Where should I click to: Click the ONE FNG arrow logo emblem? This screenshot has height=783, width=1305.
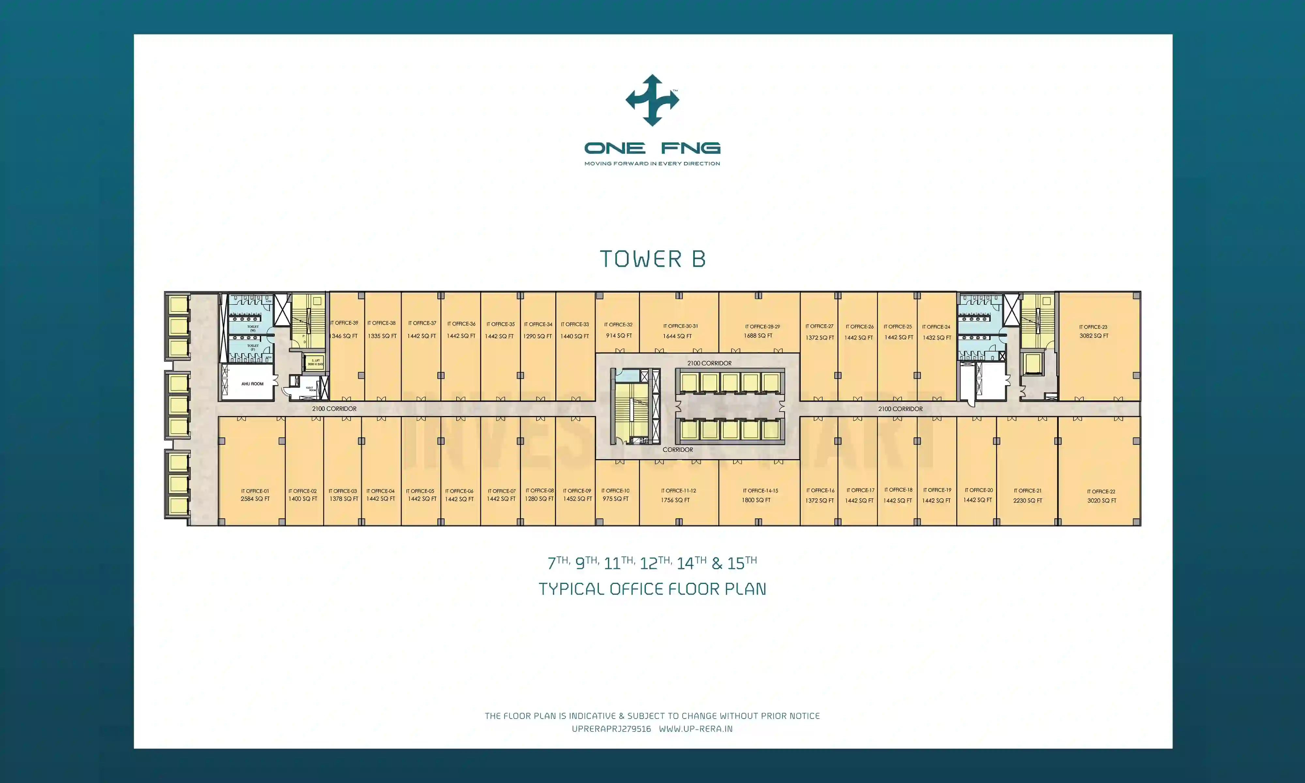652,100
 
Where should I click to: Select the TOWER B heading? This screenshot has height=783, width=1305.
652,259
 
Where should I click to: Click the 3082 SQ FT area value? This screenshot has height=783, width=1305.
1094,336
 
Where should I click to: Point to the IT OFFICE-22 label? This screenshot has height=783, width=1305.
1101,492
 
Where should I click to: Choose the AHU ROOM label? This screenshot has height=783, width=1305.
252,384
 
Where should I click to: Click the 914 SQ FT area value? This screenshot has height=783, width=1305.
619,336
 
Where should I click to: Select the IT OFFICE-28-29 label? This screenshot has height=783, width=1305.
762,327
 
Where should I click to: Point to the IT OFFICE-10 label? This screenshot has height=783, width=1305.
616,491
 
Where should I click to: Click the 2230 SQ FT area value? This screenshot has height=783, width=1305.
1028,500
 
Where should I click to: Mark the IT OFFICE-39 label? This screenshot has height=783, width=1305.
345,323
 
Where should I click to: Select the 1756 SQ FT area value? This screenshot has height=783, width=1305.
675,500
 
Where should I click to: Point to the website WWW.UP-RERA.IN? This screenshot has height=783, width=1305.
696,729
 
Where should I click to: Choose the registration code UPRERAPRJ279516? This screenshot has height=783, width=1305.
611,729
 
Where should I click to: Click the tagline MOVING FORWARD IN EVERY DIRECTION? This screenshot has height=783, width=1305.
652,163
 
